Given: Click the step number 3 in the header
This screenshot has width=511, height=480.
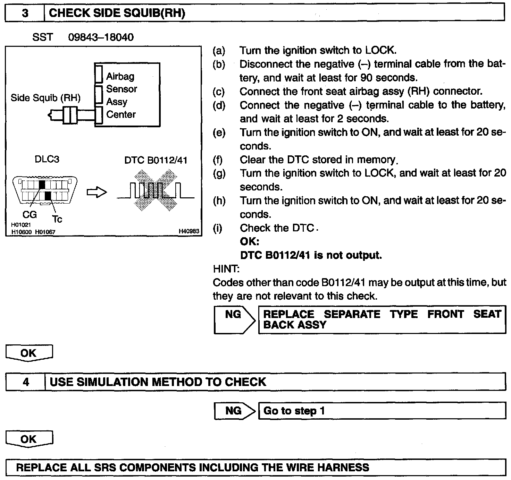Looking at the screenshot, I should [25, 13].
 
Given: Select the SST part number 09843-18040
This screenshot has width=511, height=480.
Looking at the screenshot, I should [101, 37].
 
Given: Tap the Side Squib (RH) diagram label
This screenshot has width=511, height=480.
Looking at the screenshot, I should [45, 98].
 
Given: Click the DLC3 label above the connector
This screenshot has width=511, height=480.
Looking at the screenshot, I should [47, 159].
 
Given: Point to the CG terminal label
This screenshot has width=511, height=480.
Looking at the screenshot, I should [30, 215].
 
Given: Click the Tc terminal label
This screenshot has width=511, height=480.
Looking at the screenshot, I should [57, 219].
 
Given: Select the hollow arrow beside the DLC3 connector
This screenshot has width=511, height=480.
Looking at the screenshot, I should [97, 192].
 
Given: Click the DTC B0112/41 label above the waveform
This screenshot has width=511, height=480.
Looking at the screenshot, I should [156, 160].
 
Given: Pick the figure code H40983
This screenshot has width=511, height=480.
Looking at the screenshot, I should [189, 231].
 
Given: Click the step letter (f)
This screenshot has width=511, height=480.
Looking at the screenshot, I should [219, 160].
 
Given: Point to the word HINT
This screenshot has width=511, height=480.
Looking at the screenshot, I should [226, 269].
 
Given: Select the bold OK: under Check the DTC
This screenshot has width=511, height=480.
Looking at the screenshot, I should [249, 241].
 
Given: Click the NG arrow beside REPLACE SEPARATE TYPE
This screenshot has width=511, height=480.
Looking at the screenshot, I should [234, 319].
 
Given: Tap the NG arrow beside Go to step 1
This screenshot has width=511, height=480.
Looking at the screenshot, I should [234, 411].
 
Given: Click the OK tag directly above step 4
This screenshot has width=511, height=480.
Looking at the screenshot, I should [29, 353].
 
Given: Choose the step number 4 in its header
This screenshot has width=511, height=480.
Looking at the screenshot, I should [26, 382].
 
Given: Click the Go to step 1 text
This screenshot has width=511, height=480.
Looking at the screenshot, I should [294, 411].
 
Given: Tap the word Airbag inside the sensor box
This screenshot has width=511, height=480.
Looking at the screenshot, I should [120, 76].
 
